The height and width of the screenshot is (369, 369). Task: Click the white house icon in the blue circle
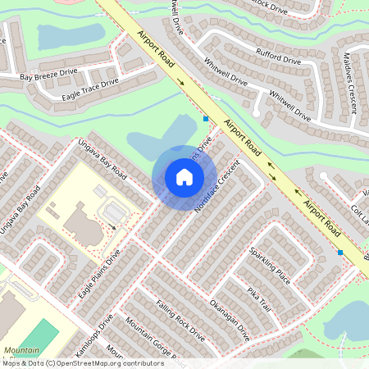[x=184, y=176]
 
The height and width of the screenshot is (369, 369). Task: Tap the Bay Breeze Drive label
[x=48, y=76]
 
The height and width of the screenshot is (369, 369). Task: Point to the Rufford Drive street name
[x=280, y=60]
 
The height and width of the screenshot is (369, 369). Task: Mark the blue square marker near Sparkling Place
[x=340, y=253]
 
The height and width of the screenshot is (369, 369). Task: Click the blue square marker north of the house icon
[x=205, y=119]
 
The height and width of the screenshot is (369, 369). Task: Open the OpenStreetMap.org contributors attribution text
[x=105, y=362]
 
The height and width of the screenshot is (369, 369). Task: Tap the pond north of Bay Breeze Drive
[x=71, y=35]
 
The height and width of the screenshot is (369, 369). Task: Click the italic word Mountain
[x=21, y=350]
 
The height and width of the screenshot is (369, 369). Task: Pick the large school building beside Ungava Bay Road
[x=80, y=220]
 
